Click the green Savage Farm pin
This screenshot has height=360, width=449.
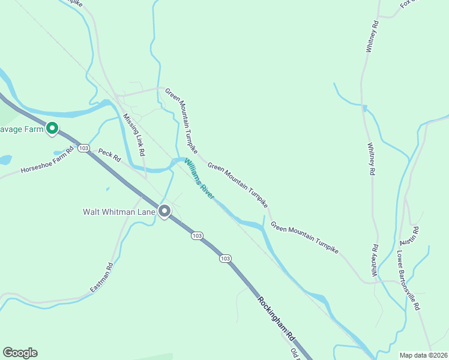(52, 128)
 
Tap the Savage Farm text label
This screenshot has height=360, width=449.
(22, 128)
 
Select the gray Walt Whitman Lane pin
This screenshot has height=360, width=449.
(164, 211)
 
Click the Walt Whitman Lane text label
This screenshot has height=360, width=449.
(119, 212)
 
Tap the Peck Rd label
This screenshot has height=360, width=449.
(110, 156)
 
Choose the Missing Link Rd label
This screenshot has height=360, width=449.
(134, 135)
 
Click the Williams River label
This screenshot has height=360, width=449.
(200, 179)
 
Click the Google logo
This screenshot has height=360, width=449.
(20, 353)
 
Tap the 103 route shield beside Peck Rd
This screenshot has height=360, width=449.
(83, 148)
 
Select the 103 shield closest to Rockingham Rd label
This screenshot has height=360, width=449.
(225, 258)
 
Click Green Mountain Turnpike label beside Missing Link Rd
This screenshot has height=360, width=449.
(181, 120)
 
